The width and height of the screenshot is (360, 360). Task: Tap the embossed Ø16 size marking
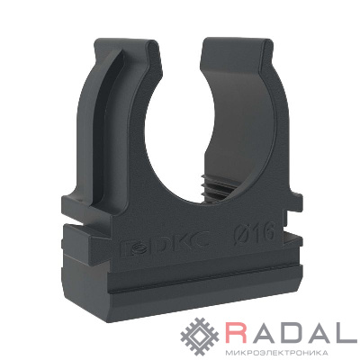256,234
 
